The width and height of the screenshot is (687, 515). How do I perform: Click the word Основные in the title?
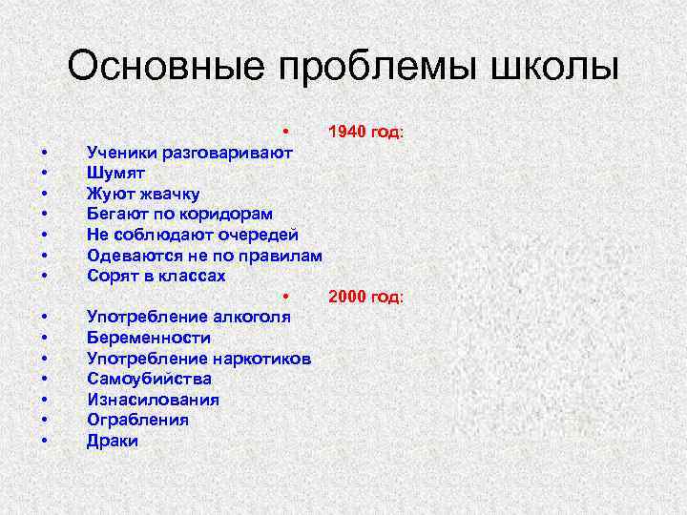(x=165, y=68)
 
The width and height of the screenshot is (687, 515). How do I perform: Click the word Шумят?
(x=115, y=172)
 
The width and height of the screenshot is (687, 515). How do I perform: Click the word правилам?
(x=277, y=256)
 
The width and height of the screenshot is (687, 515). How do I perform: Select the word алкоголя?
(x=249, y=317)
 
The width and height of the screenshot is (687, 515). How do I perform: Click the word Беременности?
(x=149, y=338)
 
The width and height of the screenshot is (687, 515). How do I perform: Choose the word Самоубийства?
(x=149, y=379)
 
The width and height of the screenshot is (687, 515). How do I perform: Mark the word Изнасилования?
(x=153, y=400)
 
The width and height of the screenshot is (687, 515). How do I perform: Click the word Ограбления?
(x=137, y=420)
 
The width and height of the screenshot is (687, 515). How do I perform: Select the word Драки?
(x=113, y=441)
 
